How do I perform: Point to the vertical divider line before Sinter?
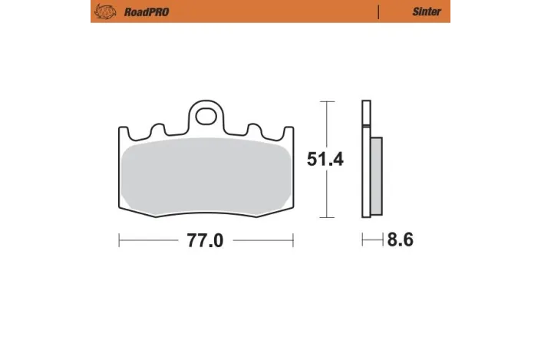pos(378,12)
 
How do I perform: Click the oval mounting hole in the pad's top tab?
pos(206,117)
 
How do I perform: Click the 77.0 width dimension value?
pos(205,241)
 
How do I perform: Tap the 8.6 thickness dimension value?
pos(400,241)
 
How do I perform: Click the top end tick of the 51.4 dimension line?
pos(327,101)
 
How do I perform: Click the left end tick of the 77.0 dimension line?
pos(119,241)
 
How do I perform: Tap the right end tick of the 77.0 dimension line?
pos(292,241)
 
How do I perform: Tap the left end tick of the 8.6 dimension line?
pos(363,241)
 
